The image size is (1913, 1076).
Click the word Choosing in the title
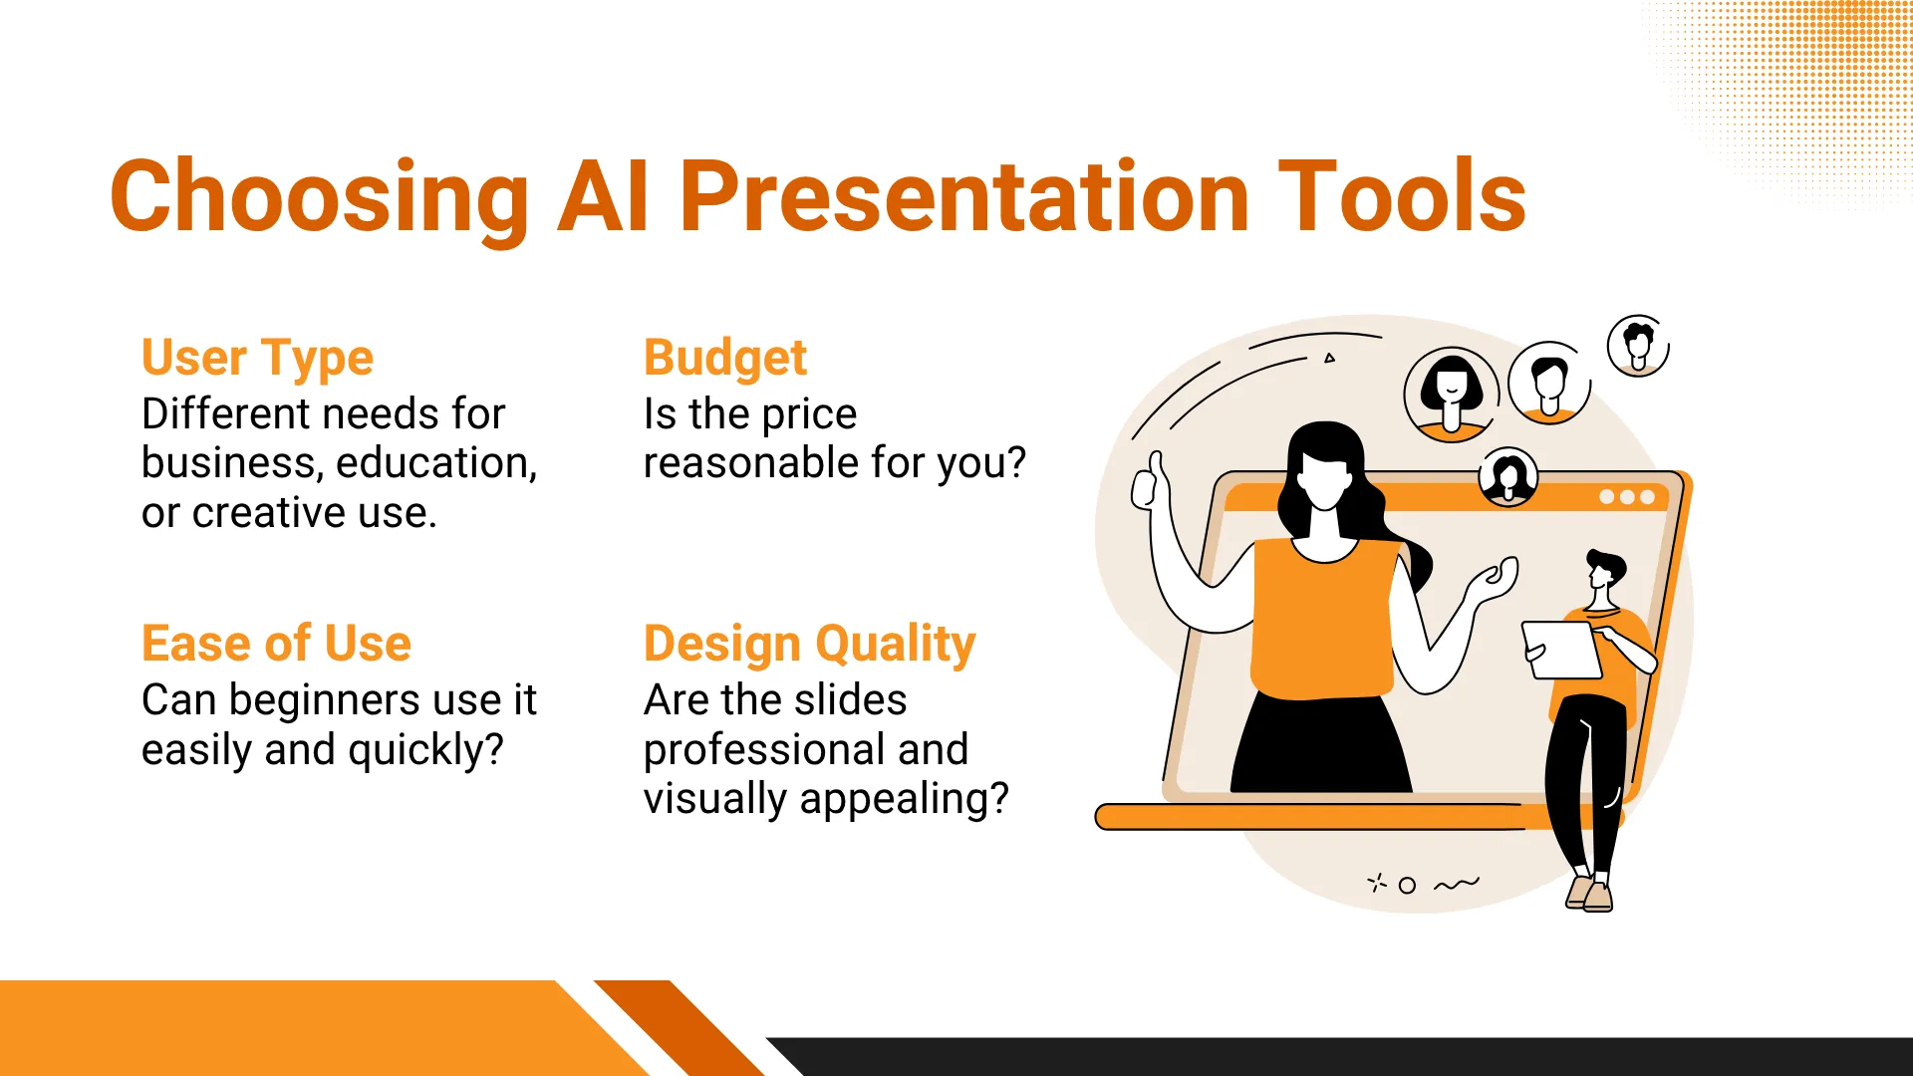pyautogui.click(x=319, y=197)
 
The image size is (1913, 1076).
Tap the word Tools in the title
pyautogui.click(x=1402, y=196)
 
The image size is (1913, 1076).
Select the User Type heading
pyautogui.click(x=257, y=359)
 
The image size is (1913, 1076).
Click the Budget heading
pyautogui.click(x=725, y=359)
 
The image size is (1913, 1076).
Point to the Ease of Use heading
pyautogui.click(x=276, y=644)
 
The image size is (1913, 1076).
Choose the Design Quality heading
pyautogui.click(x=809, y=645)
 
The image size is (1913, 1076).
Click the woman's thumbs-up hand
pyautogui.click(x=1148, y=482)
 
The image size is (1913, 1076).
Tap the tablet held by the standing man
pyautogui.click(x=1561, y=650)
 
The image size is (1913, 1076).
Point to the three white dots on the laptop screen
pyautogui.click(x=1626, y=497)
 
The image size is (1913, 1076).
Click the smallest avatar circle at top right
pyautogui.click(x=1638, y=346)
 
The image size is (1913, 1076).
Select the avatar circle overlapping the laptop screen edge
pyautogui.click(x=1507, y=477)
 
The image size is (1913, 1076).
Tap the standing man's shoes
pyautogui.click(x=1589, y=893)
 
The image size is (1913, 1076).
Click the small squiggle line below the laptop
pyautogui.click(x=1457, y=884)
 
